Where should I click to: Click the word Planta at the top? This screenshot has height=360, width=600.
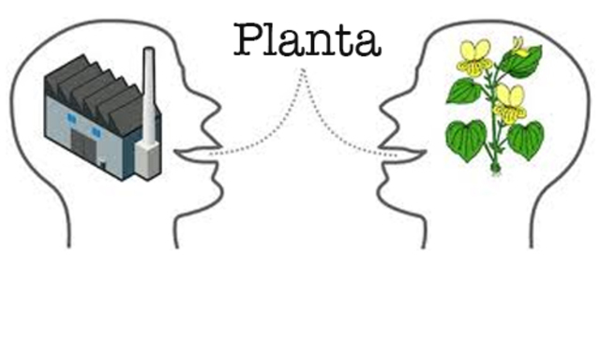[x=307, y=38]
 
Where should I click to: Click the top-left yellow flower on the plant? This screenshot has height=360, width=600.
[x=474, y=58]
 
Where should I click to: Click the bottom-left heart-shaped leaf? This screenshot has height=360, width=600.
[x=466, y=139]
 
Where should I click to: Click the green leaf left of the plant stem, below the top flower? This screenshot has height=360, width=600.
[x=463, y=91]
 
